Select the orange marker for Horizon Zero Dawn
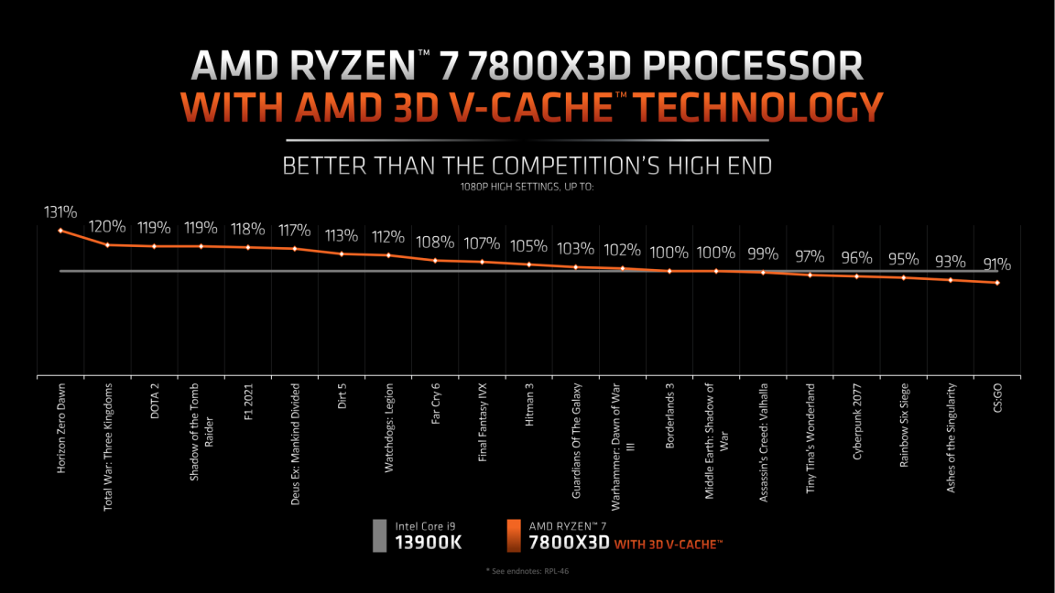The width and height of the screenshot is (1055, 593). pyautogui.click(x=60, y=231)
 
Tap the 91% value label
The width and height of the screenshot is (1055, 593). pyautogui.click(x=996, y=264)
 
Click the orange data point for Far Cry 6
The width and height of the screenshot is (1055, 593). pyautogui.click(x=435, y=260)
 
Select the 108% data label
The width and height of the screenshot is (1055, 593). pyautogui.click(x=434, y=243)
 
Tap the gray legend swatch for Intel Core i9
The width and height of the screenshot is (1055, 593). pyautogui.click(x=378, y=536)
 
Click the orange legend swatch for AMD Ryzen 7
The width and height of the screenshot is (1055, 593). pyautogui.click(x=514, y=536)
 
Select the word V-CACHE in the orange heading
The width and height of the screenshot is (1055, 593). pyautogui.click(x=546, y=108)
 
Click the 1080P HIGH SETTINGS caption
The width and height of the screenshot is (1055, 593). pyautogui.click(x=527, y=188)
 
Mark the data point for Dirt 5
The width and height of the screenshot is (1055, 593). pyautogui.click(x=342, y=253)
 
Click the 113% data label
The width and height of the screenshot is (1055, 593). pyautogui.click(x=341, y=235)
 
